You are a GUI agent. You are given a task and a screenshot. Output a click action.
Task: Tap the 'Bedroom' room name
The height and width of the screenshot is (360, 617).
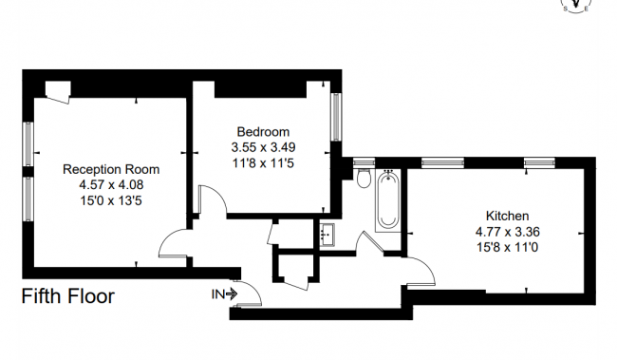pos(263,132)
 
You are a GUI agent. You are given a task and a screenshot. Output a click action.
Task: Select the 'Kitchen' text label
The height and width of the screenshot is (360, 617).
pos(507,216)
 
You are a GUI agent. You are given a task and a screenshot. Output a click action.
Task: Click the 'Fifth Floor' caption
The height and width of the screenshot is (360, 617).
pos(68,296)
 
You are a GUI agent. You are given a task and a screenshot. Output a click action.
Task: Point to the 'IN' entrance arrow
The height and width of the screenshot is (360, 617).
pos(225,294)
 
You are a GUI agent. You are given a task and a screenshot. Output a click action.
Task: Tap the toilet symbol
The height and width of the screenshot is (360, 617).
pos(364,180)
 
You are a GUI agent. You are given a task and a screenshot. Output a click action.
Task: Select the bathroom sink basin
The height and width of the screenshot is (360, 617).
pos(327,233)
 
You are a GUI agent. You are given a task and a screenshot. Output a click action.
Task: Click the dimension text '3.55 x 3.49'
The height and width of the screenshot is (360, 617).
pos(263,147)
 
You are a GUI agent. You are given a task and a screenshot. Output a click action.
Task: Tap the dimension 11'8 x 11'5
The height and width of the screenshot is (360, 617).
pos(263,162)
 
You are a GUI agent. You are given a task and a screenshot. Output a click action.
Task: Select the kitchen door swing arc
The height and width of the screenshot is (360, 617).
pos(421,272)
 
